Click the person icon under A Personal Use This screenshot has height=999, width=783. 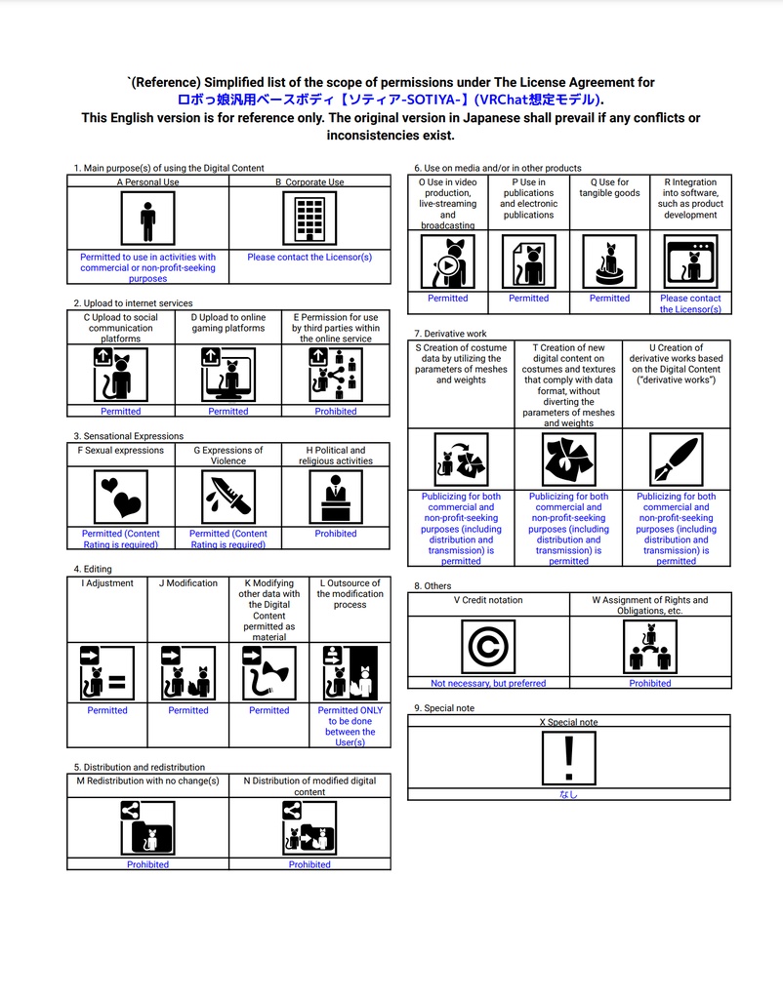(147, 218)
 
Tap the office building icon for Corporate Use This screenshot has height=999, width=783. (309, 218)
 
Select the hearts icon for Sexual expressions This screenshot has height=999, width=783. (121, 496)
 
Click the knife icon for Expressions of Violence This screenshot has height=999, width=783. (228, 496)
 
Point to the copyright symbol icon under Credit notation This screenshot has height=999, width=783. (488, 647)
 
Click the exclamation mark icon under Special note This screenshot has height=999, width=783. (569, 757)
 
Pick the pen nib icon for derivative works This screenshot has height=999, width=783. (676, 459)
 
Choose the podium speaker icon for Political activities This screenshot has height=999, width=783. (336, 496)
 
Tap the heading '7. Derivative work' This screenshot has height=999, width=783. (450, 334)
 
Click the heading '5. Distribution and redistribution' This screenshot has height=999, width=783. (139, 767)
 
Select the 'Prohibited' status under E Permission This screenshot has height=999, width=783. (336, 412)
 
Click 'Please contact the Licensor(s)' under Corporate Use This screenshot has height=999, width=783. (309, 258)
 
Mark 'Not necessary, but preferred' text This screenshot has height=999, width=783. (488, 683)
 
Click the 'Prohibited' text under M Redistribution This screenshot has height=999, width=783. (147, 864)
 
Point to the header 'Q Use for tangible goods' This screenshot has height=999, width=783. (609, 187)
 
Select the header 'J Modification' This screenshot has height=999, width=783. (188, 583)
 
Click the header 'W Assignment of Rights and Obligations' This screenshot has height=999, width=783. (650, 605)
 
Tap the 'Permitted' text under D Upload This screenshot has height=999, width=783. (228, 412)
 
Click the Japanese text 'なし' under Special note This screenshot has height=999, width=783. (568, 794)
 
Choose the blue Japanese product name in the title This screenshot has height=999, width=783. (390, 100)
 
